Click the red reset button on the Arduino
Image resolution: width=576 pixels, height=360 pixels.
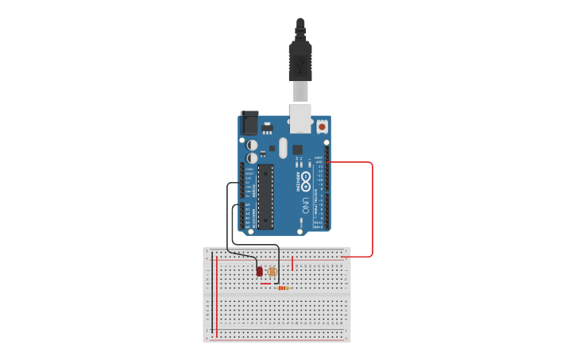322,126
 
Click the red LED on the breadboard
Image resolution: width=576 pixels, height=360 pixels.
260,272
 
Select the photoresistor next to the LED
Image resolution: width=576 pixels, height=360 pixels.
273,272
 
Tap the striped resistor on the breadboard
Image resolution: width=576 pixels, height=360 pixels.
283,288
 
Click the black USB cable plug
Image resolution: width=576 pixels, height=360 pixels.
300,60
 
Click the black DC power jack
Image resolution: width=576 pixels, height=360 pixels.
249,123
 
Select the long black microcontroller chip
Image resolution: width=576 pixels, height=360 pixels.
265,196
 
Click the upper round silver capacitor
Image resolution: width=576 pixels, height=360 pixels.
252,145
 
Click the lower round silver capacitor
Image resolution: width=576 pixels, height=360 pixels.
252,158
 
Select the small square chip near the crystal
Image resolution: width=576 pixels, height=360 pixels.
297,149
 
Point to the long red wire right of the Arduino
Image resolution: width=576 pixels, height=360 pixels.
372,211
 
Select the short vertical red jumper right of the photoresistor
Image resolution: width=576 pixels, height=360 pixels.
292,263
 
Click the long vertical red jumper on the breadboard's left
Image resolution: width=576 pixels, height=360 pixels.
216,294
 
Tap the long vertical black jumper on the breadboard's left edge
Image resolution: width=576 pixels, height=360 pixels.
212,294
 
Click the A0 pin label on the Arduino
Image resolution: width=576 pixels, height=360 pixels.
247,205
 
